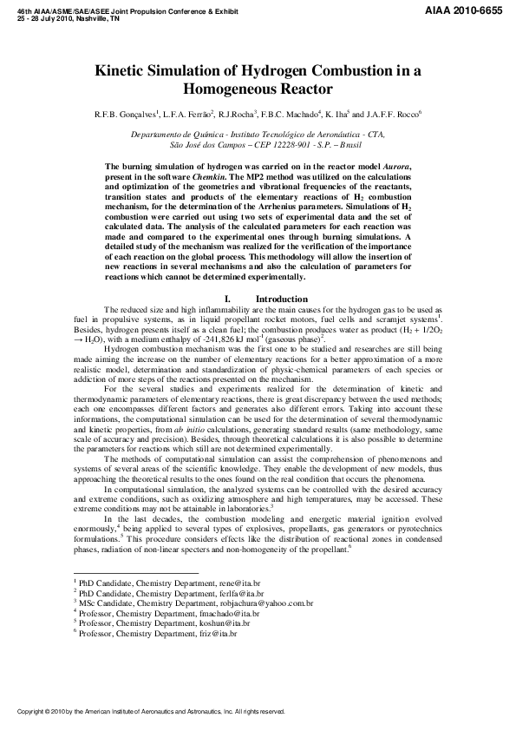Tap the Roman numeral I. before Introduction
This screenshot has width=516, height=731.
(x=226, y=299)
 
